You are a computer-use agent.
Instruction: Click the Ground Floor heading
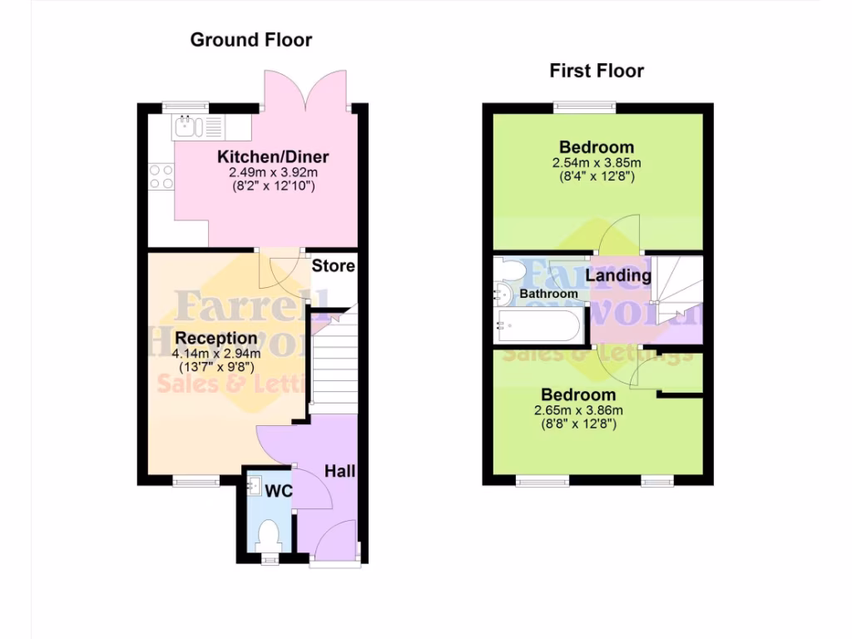point(251,39)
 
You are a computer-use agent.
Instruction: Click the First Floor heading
point(597,71)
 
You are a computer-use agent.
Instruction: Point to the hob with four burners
point(161,176)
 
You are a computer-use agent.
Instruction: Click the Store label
point(333,266)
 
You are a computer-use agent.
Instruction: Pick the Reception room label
point(216,339)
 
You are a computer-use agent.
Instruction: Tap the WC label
point(279,491)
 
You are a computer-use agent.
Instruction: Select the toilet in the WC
point(268,533)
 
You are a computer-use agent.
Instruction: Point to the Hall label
point(339,471)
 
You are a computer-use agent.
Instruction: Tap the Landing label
point(618,275)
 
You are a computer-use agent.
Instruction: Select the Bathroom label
point(548,294)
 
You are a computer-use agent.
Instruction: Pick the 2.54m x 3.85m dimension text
point(596,162)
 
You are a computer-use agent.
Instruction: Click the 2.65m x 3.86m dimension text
point(578,410)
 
